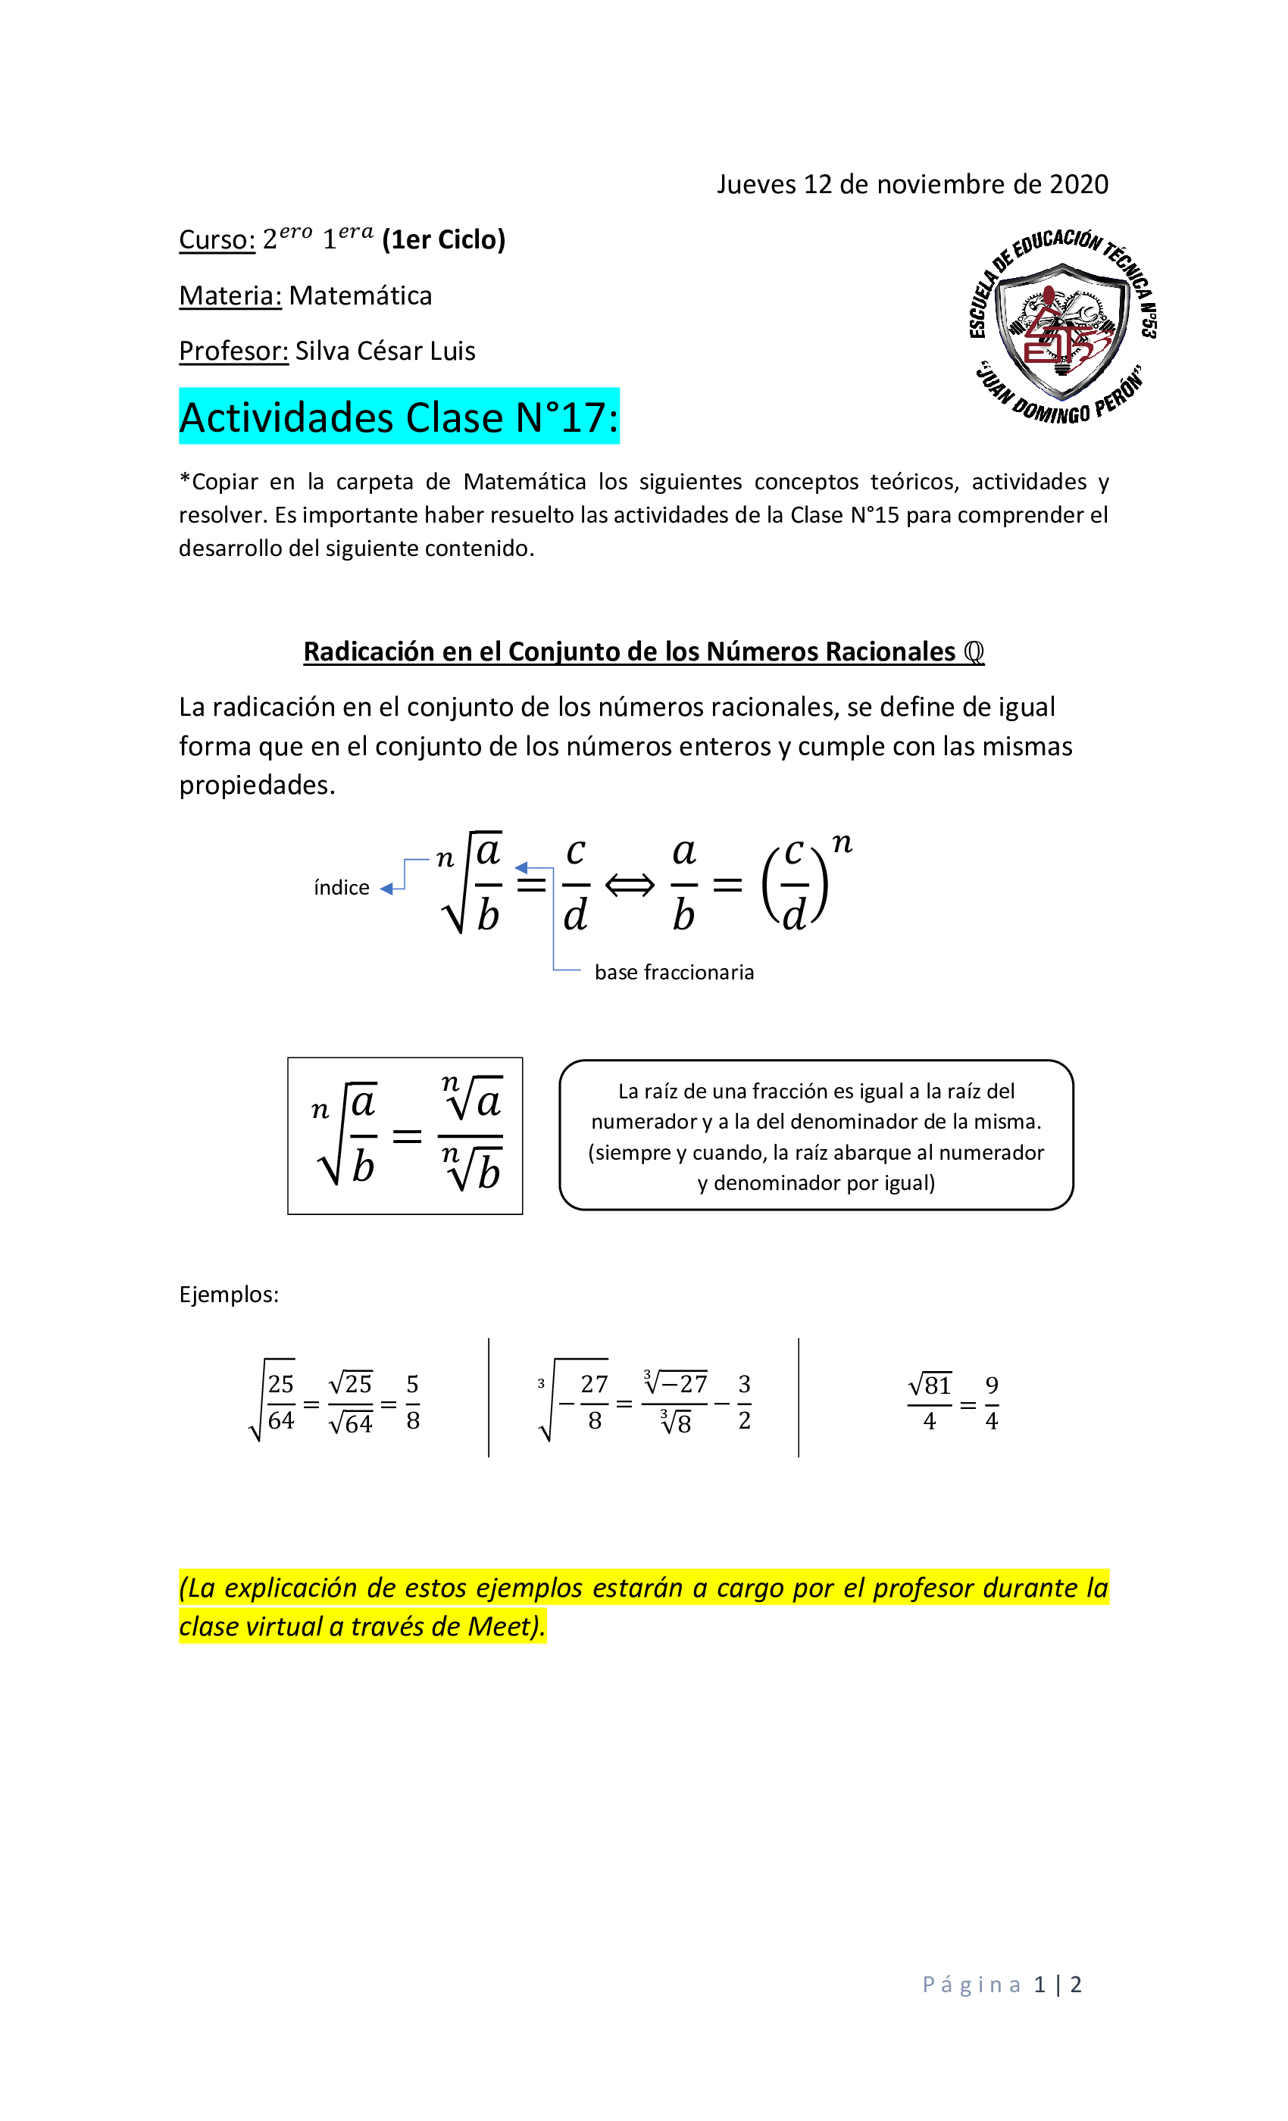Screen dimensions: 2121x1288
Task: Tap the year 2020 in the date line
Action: tap(1077, 184)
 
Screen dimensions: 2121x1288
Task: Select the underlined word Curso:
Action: tap(217, 240)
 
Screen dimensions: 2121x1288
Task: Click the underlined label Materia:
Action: tap(230, 296)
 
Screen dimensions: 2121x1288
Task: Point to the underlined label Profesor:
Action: tap(233, 351)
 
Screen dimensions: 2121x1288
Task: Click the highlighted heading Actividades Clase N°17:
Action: tap(399, 417)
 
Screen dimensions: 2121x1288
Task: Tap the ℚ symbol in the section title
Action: tap(973, 651)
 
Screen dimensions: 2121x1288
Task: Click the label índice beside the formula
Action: tap(341, 888)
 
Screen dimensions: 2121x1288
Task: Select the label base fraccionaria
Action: tap(674, 972)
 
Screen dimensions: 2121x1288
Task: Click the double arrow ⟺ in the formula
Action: tap(630, 885)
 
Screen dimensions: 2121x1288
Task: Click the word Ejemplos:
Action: tap(229, 1295)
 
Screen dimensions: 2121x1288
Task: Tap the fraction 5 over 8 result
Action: tap(412, 1402)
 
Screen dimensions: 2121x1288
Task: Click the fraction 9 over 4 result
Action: tap(992, 1403)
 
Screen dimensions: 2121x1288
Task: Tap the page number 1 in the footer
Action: tap(1040, 1984)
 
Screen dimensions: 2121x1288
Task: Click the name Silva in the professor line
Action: tap(323, 351)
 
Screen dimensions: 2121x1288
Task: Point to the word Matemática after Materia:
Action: tap(361, 296)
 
